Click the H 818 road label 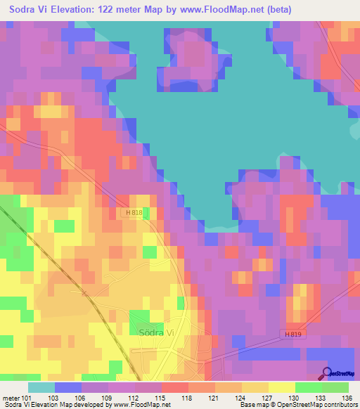click(134, 212)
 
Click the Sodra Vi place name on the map click(157, 332)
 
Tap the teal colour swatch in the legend click(41, 387)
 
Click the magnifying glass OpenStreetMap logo click(328, 372)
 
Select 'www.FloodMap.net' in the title click(212, 10)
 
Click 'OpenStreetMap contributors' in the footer click(321, 405)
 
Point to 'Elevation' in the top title click(77, 10)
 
